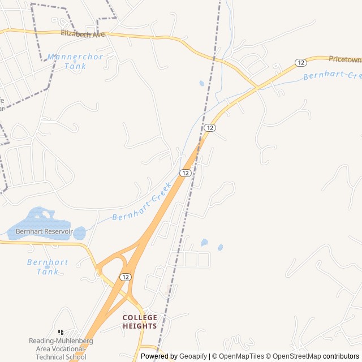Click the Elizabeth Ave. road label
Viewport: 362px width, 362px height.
pos(84,35)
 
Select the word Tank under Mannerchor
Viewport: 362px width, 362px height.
pos(75,66)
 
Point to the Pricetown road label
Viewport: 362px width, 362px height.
pos(344,58)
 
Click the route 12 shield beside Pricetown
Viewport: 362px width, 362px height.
pos(300,62)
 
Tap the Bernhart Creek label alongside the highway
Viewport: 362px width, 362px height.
pos(142,202)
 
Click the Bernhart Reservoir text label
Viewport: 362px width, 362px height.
pos(44,232)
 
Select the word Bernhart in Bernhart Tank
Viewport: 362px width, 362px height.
pos(48,262)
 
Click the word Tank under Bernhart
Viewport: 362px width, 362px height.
pos(48,271)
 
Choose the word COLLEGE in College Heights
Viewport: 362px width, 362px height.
pos(140,317)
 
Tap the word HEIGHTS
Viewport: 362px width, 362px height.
pos(140,326)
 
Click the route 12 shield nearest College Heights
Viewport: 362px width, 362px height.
pos(126,277)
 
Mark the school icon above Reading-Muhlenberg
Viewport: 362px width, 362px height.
pos(61,333)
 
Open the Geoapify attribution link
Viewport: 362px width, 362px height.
pos(193,356)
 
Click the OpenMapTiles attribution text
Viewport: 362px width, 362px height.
pos(242,356)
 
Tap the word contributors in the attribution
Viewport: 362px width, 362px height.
pos(341,356)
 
